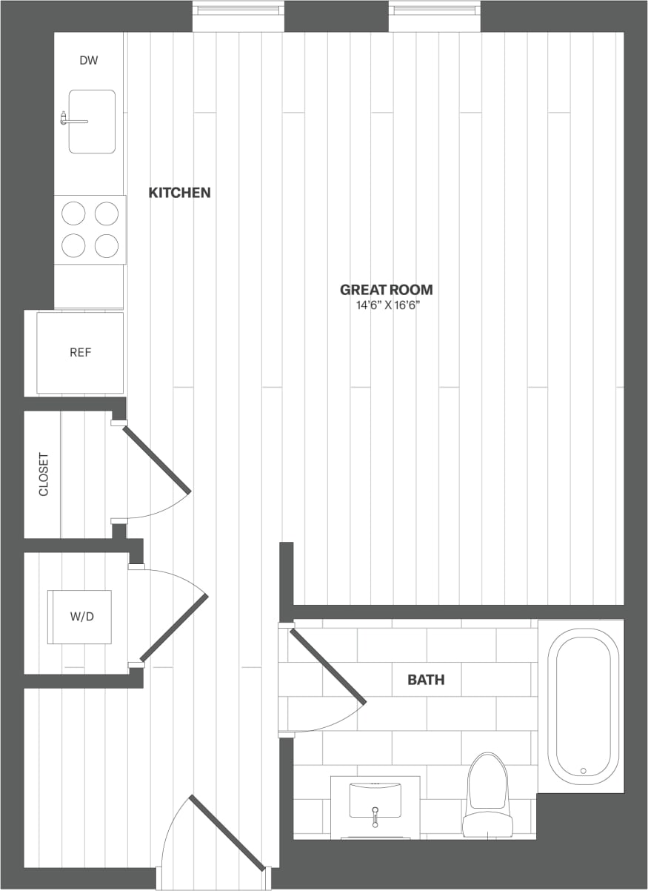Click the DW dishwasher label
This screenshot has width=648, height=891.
pyautogui.click(x=89, y=61)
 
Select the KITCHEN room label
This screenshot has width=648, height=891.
pyautogui.click(x=179, y=193)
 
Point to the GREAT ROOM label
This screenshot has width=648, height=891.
pyautogui.click(x=386, y=290)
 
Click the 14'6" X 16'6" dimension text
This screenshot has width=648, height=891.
pyautogui.click(x=386, y=305)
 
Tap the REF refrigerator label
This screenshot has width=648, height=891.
pyautogui.click(x=81, y=353)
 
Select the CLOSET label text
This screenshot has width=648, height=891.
pyautogui.click(x=44, y=474)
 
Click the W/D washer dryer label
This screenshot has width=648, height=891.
pyautogui.click(x=81, y=617)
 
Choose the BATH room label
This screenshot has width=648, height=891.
pyautogui.click(x=426, y=679)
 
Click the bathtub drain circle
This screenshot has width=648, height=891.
pyautogui.click(x=584, y=771)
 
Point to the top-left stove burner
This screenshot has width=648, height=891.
pyautogui.click(x=73, y=213)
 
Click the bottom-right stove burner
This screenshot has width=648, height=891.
pyautogui.click(x=107, y=245)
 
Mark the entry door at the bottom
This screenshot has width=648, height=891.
pyautogui.click(x=227, y=832)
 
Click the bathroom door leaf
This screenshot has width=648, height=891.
pyautogui.click(x=327, y=666)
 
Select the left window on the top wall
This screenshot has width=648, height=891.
pyautogui.click(x=238, y=10)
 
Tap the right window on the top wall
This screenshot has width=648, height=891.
pyautogui.click(x=434, y=10)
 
